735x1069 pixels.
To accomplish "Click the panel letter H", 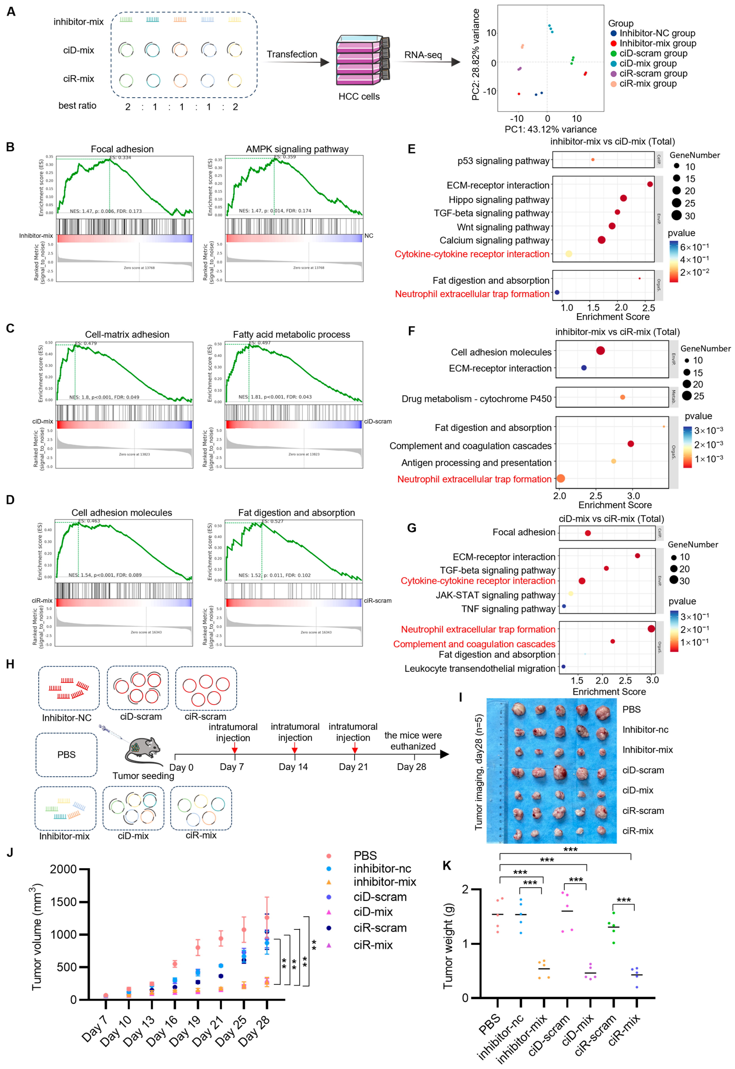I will coord(10,664).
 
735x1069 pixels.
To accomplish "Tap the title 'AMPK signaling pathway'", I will coord(297,149).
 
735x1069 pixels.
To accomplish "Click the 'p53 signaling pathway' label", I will coord(503,161).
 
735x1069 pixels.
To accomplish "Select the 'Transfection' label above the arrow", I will coord(292,54).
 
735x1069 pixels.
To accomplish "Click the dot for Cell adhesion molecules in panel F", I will coord(600,351).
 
